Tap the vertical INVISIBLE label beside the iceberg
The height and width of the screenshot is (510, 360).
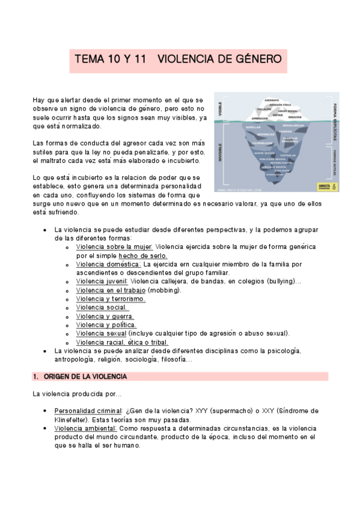(220, 153)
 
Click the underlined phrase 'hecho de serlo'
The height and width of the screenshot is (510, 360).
(143, 255)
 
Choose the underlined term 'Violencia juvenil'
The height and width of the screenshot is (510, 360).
(102, 281)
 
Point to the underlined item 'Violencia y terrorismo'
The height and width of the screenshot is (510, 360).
(111, 298)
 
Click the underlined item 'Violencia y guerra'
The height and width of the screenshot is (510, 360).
(105, 316)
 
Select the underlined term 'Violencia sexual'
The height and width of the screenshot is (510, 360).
(101, 333)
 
